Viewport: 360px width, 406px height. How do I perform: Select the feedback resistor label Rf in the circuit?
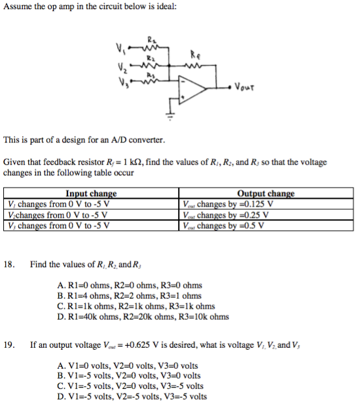[194, 55]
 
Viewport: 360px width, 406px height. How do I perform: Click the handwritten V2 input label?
[120, 65]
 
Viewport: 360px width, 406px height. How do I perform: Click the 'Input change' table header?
[91, 194]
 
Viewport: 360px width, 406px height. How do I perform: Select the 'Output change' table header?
[265, 194]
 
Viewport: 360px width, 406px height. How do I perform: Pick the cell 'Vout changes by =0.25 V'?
[226, 214]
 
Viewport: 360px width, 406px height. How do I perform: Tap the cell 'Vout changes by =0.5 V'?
[224, 226]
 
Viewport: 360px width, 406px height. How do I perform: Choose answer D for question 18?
[143, 317]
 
